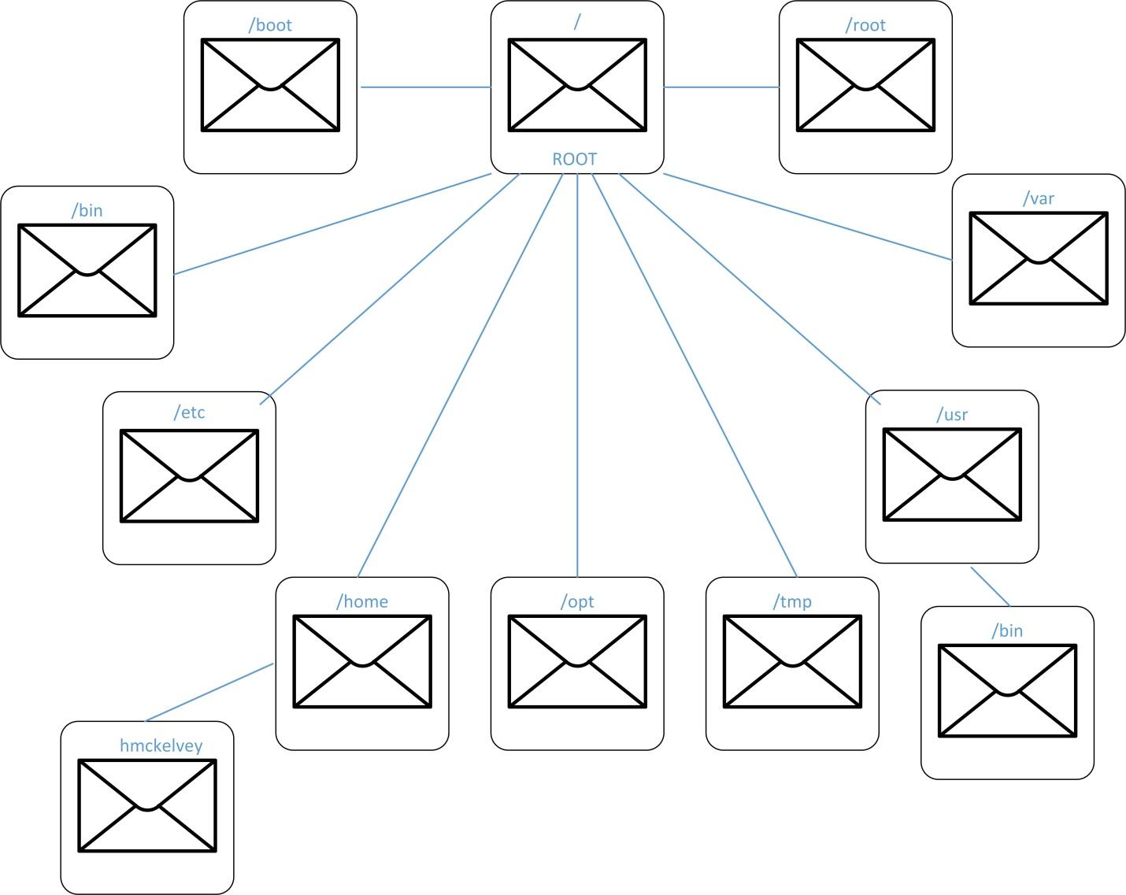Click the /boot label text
[x=270, y=25]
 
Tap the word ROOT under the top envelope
[x=575, y=159]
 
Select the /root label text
[x=865, y=25]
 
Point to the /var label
[x=1039, y=198]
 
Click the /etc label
[x=189, y=412]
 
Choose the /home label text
[x=362, y=602]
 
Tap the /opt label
[x=577, y=602]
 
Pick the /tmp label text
[x=792, y=602]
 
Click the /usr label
[x=952, y=415]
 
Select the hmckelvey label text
[x=161, y=745]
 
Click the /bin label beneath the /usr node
[x=1007, y=631]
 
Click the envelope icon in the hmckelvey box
[x=147, y=805]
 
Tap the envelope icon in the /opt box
[x=577, y=661]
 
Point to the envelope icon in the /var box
[x=1039, y=257]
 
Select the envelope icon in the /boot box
[x=270, y=85]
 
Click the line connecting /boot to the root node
[x=425, y=87]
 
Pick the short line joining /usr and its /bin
[x=991, y=587]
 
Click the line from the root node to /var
[x=807, y=216]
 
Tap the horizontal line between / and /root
[x=721, y=87]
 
